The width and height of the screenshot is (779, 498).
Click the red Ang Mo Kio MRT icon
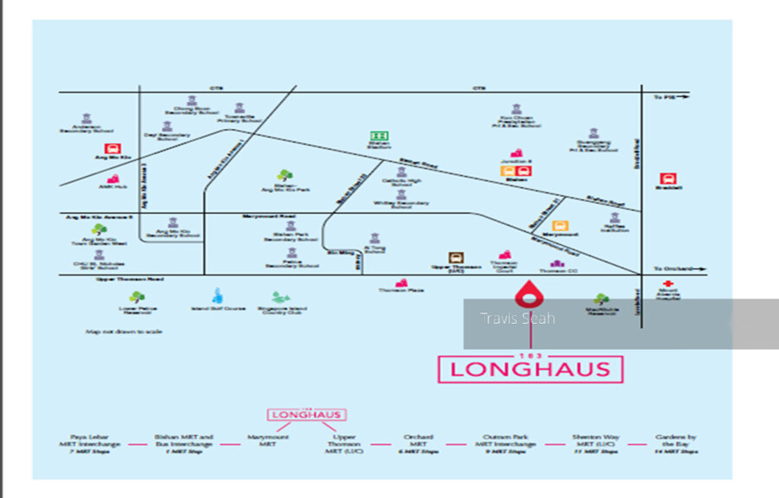click(111, 149)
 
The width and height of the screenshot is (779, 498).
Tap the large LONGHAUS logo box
click(529, 369)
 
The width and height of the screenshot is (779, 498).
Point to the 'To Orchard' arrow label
click(671, 269)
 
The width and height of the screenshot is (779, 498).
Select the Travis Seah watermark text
click(517, 318)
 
